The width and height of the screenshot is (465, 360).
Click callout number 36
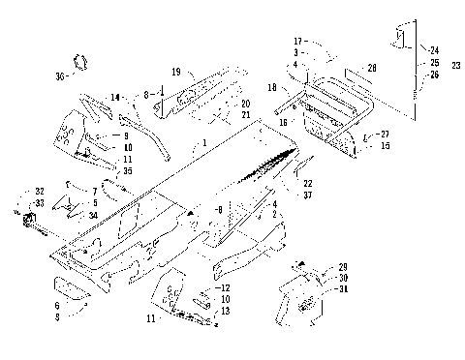tap(60, 75)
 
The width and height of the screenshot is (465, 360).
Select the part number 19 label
tap(176, 71)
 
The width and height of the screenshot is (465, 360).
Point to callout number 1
tap(204, 142)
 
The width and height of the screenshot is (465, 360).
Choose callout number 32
tap(39, 191)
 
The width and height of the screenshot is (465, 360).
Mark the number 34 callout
tap(94, 214)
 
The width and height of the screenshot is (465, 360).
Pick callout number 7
tap(94, 191)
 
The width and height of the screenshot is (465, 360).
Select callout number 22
tap(308, 183)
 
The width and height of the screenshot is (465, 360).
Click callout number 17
tap(299, 42)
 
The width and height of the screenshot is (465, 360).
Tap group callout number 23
tap(455, 64)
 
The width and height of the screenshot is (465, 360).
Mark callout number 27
tap(384, 134)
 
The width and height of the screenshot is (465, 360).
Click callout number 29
tap(342, 266)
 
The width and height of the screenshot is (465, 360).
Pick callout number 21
tap(245, 115)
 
